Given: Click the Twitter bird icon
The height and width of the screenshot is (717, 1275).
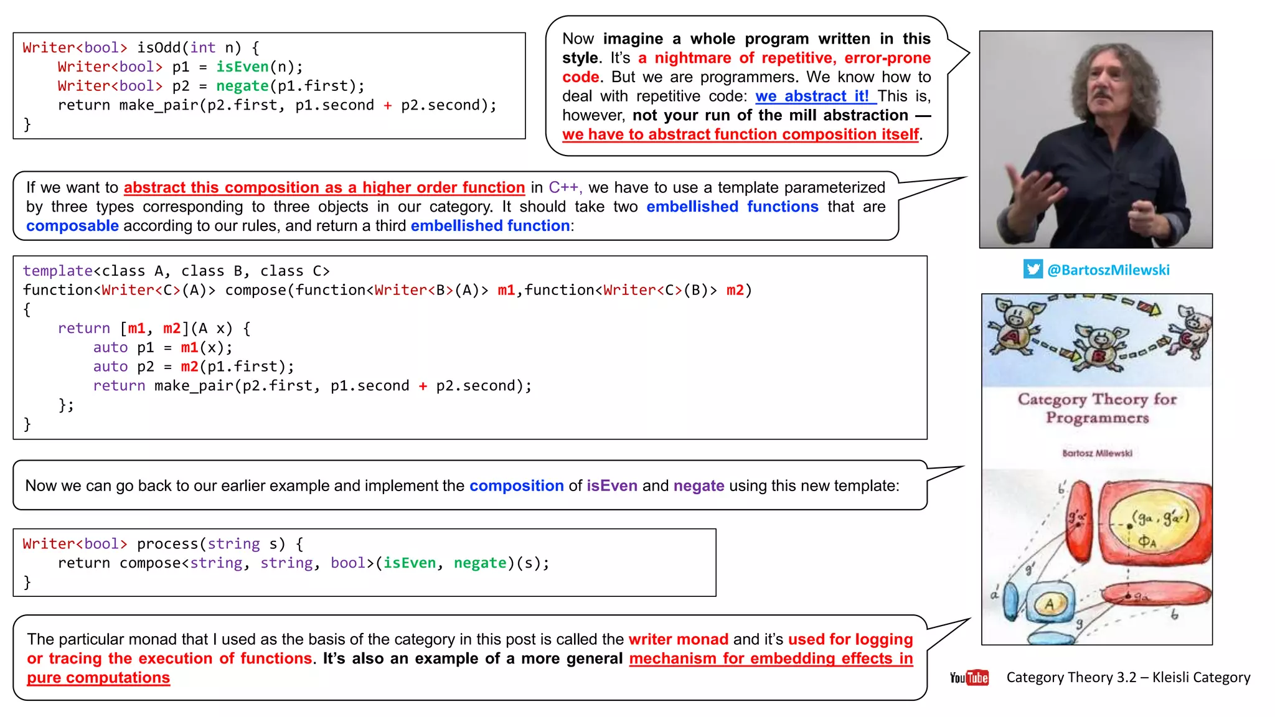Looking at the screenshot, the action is (1033, 269).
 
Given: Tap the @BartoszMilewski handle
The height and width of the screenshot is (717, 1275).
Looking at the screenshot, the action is (1108, 270).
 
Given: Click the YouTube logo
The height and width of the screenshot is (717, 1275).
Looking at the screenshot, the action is (969, 677).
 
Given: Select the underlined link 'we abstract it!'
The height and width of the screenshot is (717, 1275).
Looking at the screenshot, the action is (812, 96).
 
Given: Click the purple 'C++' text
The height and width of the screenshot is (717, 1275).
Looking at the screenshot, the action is (564, 187).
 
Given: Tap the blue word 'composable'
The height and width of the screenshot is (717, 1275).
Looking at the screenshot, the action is (72, 226).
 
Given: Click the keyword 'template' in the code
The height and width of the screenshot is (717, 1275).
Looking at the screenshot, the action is (58, 271).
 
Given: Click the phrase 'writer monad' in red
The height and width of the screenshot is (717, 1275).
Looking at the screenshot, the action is (678, 639).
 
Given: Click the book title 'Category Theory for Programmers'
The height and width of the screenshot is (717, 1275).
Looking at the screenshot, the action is (1097, 408).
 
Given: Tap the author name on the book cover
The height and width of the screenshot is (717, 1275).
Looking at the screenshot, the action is (1097, 453).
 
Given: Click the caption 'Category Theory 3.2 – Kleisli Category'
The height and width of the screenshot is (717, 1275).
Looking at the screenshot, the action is (1128, 677).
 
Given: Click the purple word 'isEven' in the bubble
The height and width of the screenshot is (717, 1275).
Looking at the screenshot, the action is (611, 485).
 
